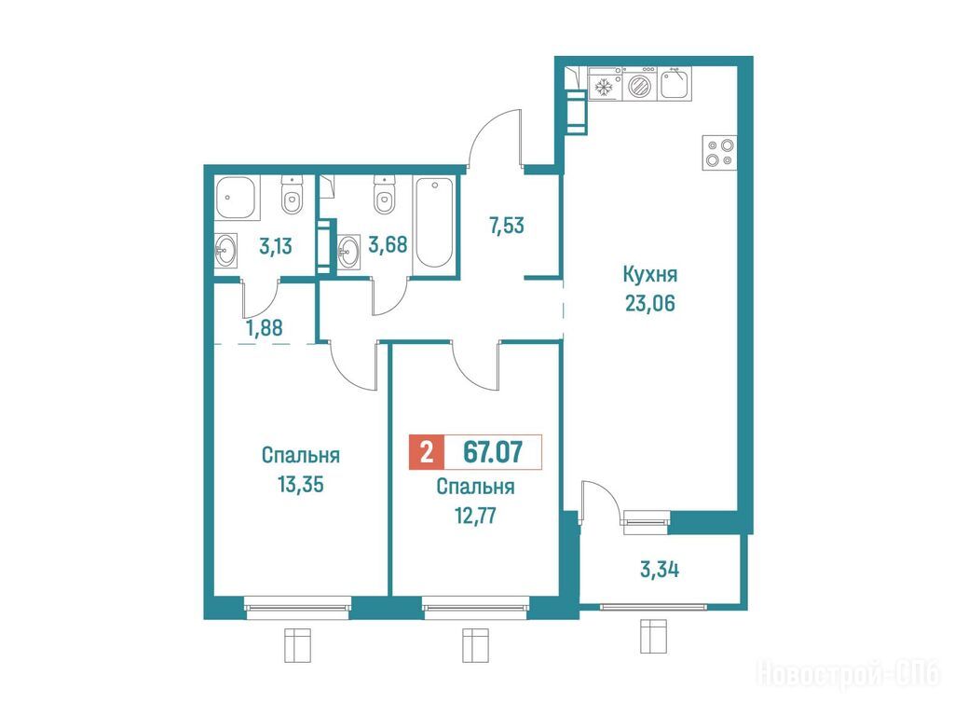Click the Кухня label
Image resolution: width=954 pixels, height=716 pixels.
(649, 275)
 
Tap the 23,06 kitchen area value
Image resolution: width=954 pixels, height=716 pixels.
(649, 303)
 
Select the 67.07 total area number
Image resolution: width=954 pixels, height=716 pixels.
(493, 452)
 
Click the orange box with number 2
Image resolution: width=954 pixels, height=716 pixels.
(427, 452)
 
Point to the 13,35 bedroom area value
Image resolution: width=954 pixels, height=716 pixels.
(301, 485)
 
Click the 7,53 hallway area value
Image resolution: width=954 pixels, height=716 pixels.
(507, 226)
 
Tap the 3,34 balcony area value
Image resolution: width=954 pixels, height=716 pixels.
(660, 570)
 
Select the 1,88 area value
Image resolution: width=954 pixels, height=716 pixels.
(264, 327)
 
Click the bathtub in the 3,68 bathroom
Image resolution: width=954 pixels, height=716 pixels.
(433, 222)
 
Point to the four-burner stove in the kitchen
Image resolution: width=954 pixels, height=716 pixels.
(719, 153)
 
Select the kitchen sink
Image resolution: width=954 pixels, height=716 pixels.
(675, 84)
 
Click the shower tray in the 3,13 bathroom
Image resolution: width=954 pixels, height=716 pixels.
(237, 198)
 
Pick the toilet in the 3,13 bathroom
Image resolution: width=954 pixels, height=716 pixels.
(293, 196)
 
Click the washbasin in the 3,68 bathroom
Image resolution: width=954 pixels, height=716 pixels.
(348, 252)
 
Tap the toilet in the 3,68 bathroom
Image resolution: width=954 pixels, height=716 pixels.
(384, 195)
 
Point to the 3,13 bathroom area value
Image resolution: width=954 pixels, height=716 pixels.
(276, 246)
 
